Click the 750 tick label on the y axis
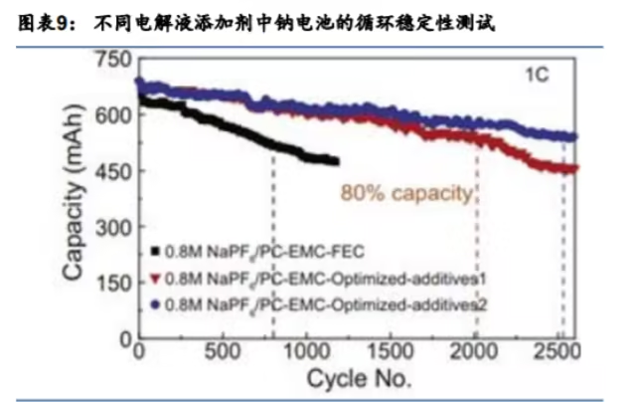pyautogui.click(x=113, y=59)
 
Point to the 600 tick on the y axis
pyautogui.click(x=113, y=114)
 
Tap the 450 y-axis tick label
pyautogui.click(x=113, y=171)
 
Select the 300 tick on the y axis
pyautogui.click(x=113, y=227)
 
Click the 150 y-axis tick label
pyautogui.click(x=113, y=284)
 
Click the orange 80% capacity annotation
pyautogui.click(x=405, y=192)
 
